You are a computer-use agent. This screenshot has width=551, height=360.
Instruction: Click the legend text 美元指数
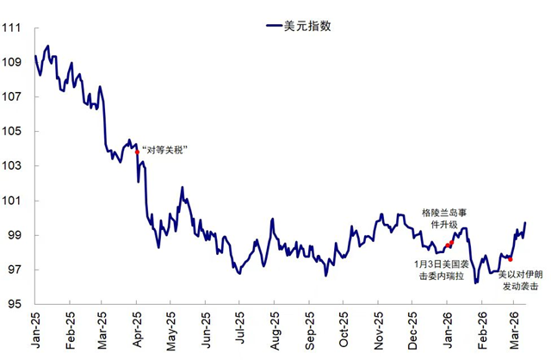pyautogui.click(x=307, y=26)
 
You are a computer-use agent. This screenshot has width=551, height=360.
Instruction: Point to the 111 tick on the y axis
pyautogui.click(x=11, y=28)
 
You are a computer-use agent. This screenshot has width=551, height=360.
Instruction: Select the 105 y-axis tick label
pyautogui.click(x=11, y=131)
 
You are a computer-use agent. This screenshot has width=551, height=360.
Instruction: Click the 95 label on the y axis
pyautogui.click(x=14, y=304)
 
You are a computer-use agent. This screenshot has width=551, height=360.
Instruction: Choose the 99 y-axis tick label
pyautogui.click(x=14, y=235)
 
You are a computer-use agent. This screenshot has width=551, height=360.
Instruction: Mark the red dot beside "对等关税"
pyautogui.click(x=136, y=152)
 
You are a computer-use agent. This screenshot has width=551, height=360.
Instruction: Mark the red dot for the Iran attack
pyautogui.click(x=511, y=259)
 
